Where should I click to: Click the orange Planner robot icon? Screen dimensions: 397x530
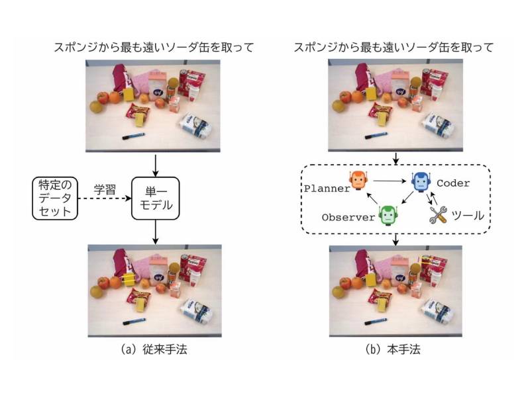[358, 180]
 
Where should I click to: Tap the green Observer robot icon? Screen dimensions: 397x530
[387, 214]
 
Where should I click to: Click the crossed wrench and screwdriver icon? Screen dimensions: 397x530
[439, 214]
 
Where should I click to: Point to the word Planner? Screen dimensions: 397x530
[327, 189]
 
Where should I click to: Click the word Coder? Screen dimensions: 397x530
[453, 183]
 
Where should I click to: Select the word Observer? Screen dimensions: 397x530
[348, 217]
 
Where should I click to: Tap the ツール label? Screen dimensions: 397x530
[466, 216]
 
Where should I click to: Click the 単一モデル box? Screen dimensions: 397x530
[154, 198]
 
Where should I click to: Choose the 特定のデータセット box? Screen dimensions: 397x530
[55, 198]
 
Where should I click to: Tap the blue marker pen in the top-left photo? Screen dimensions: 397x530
[132, 136]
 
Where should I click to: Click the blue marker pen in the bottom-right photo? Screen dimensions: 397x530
[374, 321]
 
